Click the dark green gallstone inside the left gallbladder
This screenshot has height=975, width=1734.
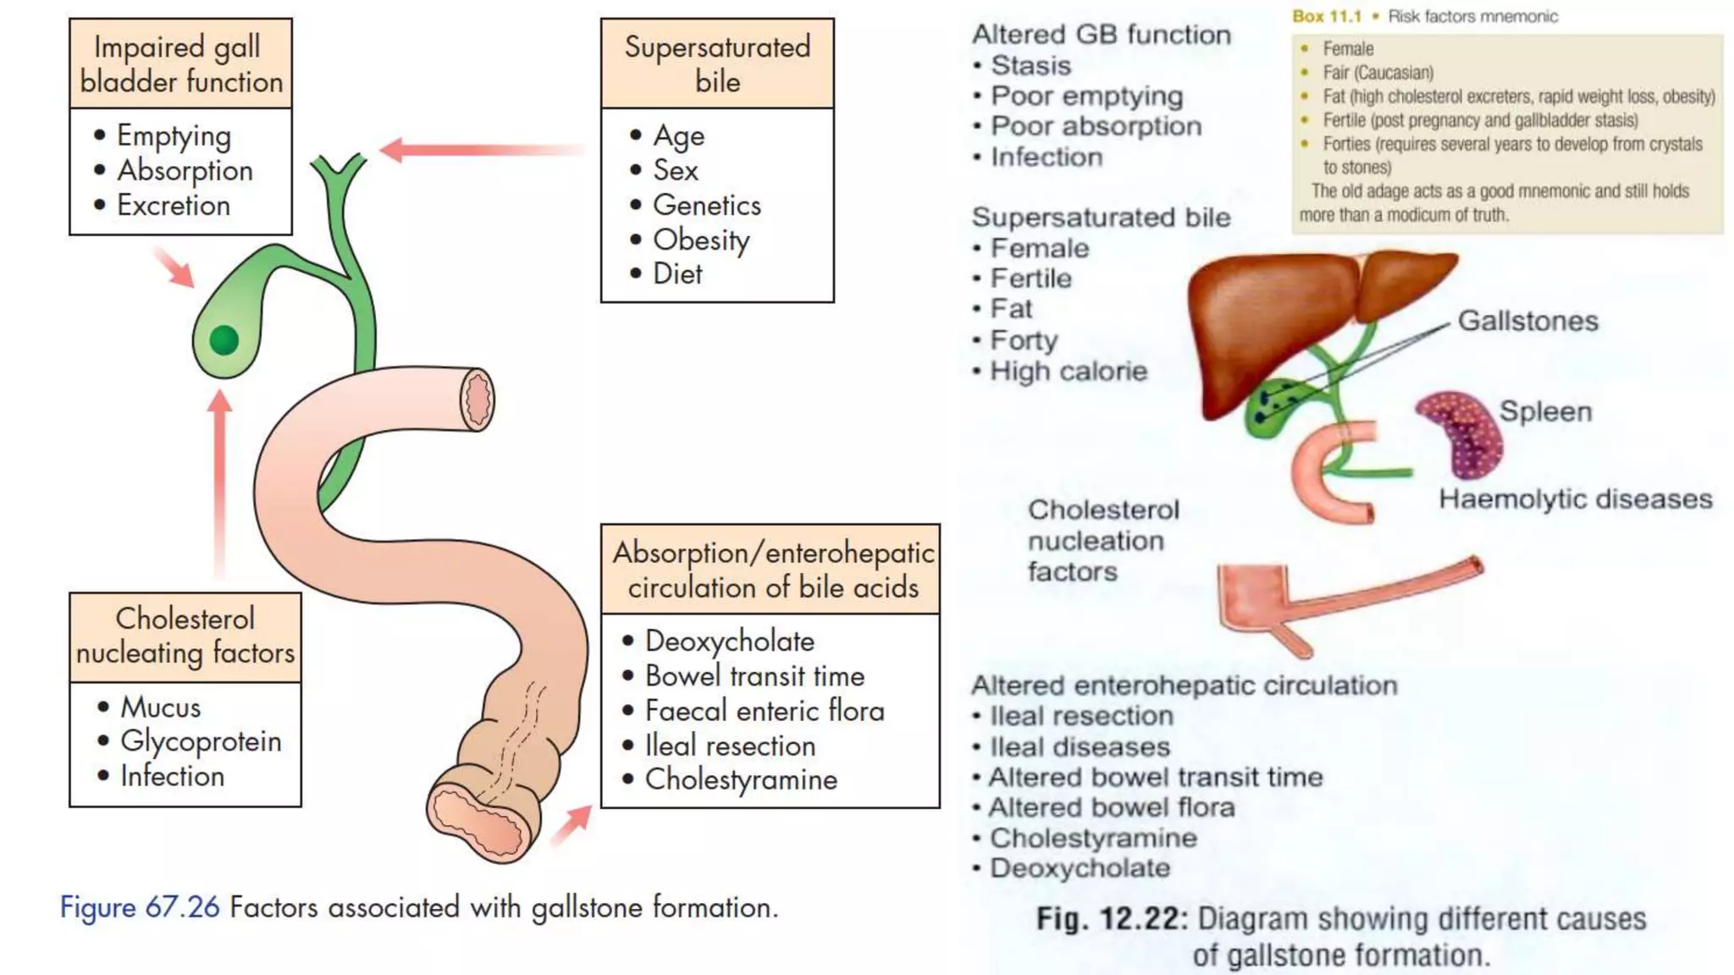[224, 340]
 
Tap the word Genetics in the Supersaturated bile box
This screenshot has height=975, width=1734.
[706, 205]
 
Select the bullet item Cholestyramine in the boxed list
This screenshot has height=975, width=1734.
[741, 779]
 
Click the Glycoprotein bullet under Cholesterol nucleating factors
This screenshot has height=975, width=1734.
[200, 741]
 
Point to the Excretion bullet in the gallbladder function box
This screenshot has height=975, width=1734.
[173, 206]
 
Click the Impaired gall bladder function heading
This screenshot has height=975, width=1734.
[180, 64]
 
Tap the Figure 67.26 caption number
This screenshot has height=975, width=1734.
[140, 907]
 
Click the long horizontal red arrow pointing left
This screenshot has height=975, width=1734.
[483, 151]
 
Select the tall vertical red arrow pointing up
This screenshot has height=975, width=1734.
[220, 482]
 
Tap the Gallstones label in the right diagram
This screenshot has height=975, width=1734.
[1527, 322]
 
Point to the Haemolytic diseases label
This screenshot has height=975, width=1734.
[1575, 499]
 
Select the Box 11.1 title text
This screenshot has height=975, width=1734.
[1327, 16]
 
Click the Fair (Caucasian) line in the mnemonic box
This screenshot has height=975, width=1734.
[1378, 73]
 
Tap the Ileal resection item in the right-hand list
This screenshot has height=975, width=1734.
[1081, 716]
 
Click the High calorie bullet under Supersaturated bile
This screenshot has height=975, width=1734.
[1068, 372]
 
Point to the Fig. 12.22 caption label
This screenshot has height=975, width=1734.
[1112, 919]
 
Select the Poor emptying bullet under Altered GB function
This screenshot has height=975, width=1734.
[1086, 96]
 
